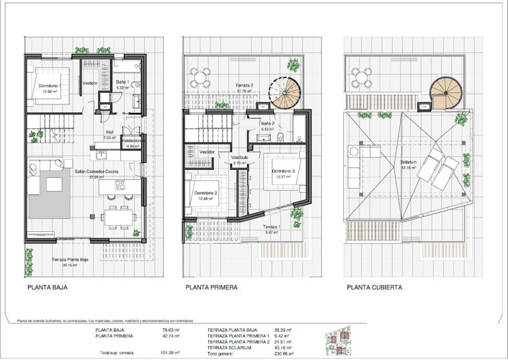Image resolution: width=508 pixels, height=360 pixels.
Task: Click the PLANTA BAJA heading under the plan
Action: click(x=49, y=287)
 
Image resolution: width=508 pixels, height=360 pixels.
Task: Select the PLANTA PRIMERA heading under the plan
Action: click(x=211, y=287)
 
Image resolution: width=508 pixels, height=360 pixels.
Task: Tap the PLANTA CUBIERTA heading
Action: click(x=374, y=287)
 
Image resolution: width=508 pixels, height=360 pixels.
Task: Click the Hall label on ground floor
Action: click(x=110, y=132)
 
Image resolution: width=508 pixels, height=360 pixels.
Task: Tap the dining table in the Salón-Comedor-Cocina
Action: click(x=115, y=215)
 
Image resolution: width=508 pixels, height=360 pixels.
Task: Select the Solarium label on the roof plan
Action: click(x=411, y=163)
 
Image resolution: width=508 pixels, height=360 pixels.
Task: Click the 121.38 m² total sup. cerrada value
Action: click(x=169, y=354)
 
